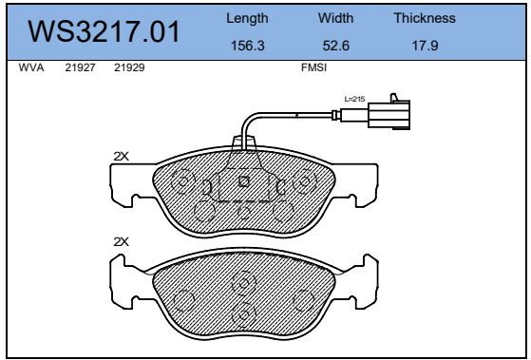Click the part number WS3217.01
pyautogui.click(x=104, y=31)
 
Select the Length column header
pyautogui.click(x=247, y=18)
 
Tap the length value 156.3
pyautogui.click(x=248, y=46)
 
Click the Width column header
pyautogui.click(x=335, y=18)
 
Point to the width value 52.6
pyautogui.click(x=336, y=46)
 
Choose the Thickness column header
pyautogui.click(x=425, y=18)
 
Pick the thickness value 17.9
pyautogui.click(x=425, y=46)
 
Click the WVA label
pyautogui.click(x=31, y=67)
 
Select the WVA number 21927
pyautogui.click(x=80, y=67)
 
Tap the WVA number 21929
pyautogui.click(x=129, y=67)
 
